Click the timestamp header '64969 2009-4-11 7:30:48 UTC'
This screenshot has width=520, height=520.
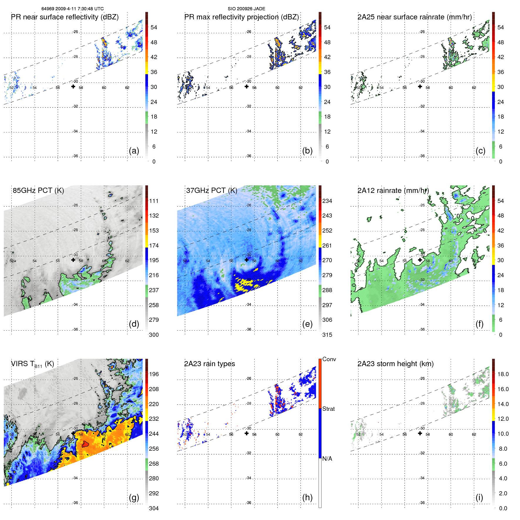pyautogui.click(x=72, y=9)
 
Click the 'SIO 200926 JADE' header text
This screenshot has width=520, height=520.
pyautogui.click(x=246, y=9)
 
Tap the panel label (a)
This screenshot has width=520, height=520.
pyautogui.click(x=134, y=151)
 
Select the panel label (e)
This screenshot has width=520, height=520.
pyautogui.click(x=307, y=324)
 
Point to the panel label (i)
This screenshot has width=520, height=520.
pyautogui.click(x=479, y=497)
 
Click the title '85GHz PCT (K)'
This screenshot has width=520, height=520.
pyautogui.click(x=38, y=191)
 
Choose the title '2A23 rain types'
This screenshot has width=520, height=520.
pyautogui.click(x=209, y=364)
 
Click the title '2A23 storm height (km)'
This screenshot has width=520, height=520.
pyautogui.click(x=395, y=364)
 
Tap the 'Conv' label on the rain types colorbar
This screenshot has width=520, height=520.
pyautogui.click(x=329, y=359)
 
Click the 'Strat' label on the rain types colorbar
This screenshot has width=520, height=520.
pyautogui.click(x=329, y=409)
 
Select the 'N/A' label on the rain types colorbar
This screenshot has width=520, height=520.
pyautogui.click(x=327, y=459)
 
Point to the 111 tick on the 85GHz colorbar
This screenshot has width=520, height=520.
pyautogui.click(x=154, y=201)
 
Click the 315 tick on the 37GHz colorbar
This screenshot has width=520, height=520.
pyautogui.click(x=327, y=335)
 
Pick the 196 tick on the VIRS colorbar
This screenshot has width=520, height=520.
pyautogui.click(x=154, y=374)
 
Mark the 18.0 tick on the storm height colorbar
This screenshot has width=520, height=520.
pyautogui.click(x=503, y=374)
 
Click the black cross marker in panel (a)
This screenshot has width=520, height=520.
pyautogui.click(x=73, y=86)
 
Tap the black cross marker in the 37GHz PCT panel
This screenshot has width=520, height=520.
pyautogui.click(x=247, y=260)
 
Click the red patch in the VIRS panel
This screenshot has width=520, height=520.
pyautogui.click(x=85, y=444)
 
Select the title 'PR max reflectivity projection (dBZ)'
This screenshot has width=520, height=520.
pyautogui.click(x=241, y=17)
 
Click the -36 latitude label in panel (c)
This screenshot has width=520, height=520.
pyautogui.click(x=422, y=156)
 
